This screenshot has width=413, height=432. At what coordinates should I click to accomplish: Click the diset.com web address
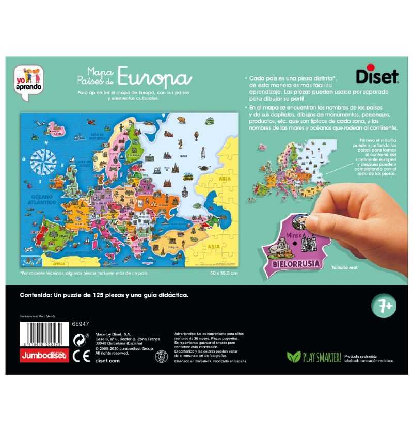(x=108, y=361)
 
